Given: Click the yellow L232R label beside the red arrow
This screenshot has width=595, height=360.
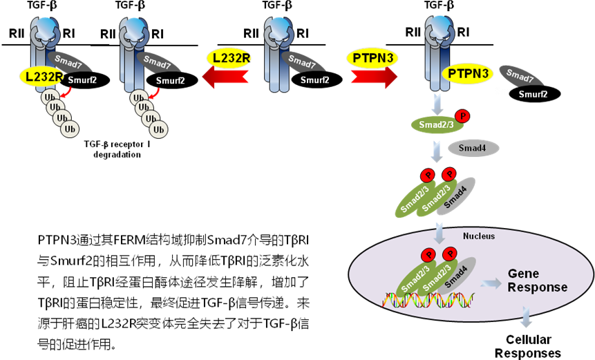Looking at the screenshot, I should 228,58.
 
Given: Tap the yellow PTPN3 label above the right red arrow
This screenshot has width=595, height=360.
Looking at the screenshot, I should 372,58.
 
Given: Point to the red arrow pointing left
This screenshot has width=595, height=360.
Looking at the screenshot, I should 225,79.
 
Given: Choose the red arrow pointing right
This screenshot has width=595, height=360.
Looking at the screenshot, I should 374,78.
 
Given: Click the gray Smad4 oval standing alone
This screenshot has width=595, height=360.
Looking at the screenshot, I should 473,148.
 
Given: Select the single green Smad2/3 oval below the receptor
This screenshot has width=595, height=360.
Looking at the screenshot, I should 433,124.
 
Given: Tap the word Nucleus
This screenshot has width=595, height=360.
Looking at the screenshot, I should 478,236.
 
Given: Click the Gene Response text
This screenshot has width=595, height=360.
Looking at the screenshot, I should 537,281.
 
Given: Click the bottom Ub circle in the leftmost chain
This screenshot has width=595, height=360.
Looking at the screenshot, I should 69,129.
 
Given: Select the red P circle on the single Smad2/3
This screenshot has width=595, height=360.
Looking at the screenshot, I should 463,116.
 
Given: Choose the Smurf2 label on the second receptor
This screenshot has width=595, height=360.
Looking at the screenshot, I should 170,80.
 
